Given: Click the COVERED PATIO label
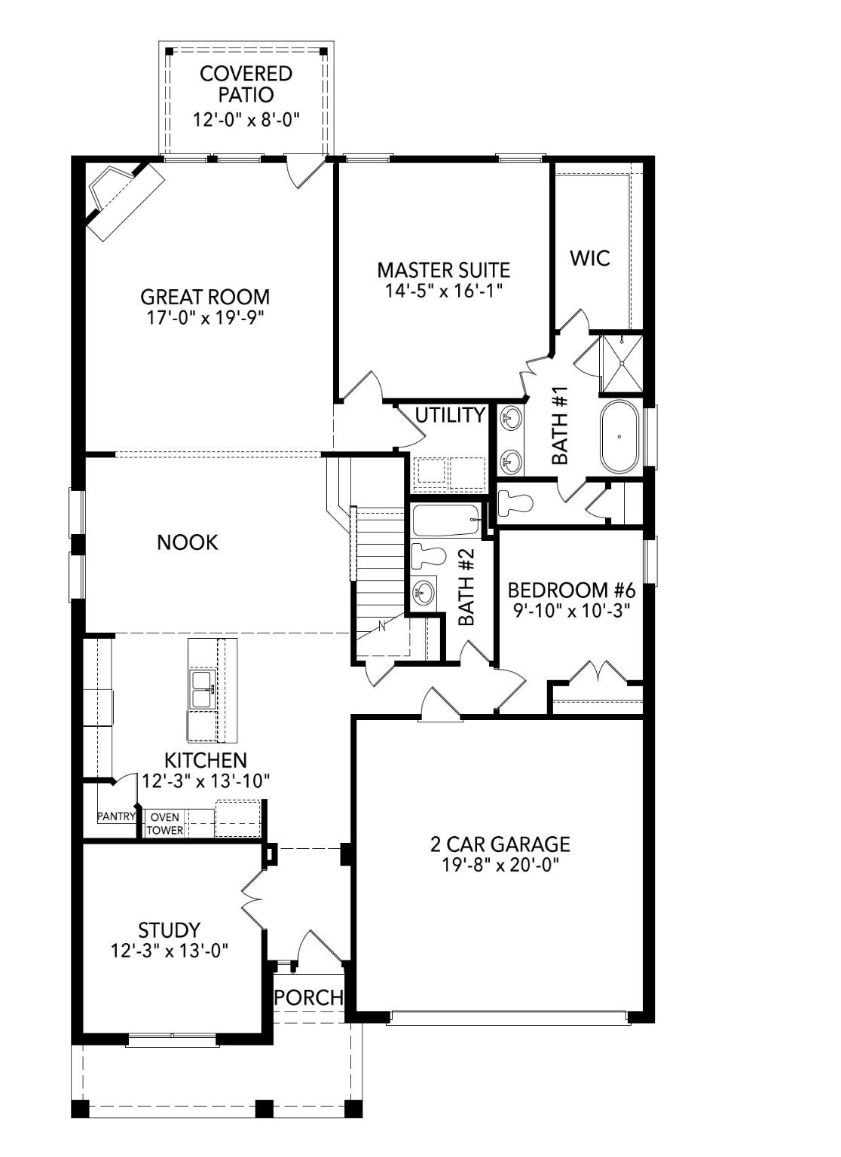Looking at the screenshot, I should click(x=246, y=84).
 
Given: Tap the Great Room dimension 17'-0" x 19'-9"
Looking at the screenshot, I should click(x=205, y=318).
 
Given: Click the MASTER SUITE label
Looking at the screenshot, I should click(x=443, y=270).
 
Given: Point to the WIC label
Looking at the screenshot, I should click(x=589, y=258).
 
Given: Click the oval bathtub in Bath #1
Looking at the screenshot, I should click(x=619, y=437).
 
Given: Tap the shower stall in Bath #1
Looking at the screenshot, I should click(x=621, y=363).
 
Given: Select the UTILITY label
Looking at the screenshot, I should click(x=450, y=415).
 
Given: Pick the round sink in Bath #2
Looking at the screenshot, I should click(x=423, y=593).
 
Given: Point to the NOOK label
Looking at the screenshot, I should click(x=187, y=542).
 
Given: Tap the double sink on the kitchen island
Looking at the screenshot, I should click(x=202, y=688).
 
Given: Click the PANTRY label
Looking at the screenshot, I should click(x=116, y=817).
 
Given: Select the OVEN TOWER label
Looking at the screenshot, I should click(x=164, y=823).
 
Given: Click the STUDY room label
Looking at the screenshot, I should click(x=169, y=930).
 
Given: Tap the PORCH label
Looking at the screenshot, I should click(x=309, y=997).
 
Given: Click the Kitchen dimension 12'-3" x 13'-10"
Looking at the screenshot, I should click(x=206, y=781).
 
